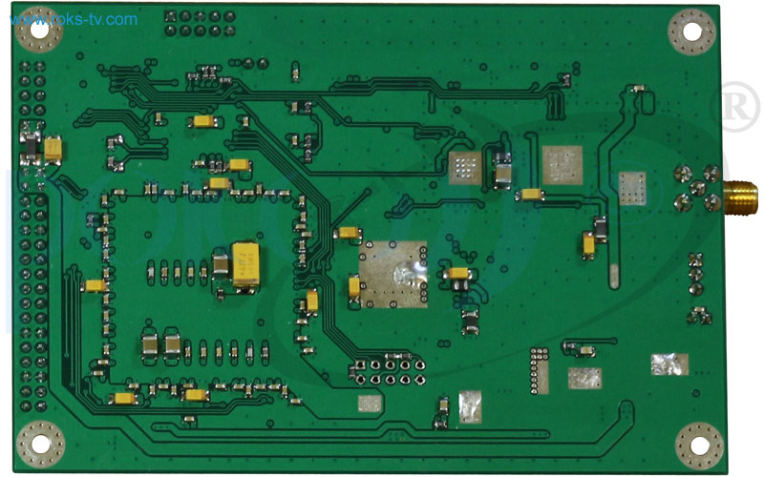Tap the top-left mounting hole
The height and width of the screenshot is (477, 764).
click(x=39, y=30)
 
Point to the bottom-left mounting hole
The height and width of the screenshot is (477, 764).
click(x=40, y=443)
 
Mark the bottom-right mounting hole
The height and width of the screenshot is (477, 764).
click(x=697, y=445)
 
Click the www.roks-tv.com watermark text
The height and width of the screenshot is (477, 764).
click(x=75, y=19)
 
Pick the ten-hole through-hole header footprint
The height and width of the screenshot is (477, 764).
click(x=387, y=372)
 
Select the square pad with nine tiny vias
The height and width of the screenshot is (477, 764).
click(x=465, y=168)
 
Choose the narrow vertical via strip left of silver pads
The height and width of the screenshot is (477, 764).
click(x=541, y=371)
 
